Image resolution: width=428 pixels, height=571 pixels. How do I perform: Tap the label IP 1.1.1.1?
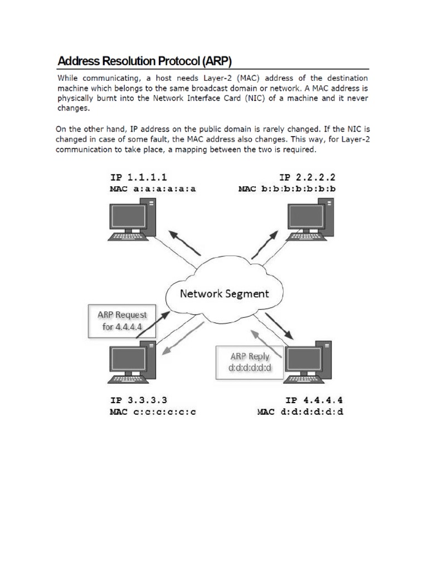[x=138, y=178]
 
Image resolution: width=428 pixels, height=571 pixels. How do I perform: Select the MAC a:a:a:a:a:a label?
[x=153, y=189]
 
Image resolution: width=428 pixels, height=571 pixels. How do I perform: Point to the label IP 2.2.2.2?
[x=307, y=178]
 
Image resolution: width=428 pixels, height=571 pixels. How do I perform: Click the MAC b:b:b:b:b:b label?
[x=288, y=189]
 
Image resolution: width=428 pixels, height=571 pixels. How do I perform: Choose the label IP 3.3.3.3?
[x=139, y=401]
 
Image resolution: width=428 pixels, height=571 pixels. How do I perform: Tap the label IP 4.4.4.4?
[x=314, y=401]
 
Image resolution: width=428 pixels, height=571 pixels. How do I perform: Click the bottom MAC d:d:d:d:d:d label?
[x=300, y=413]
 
